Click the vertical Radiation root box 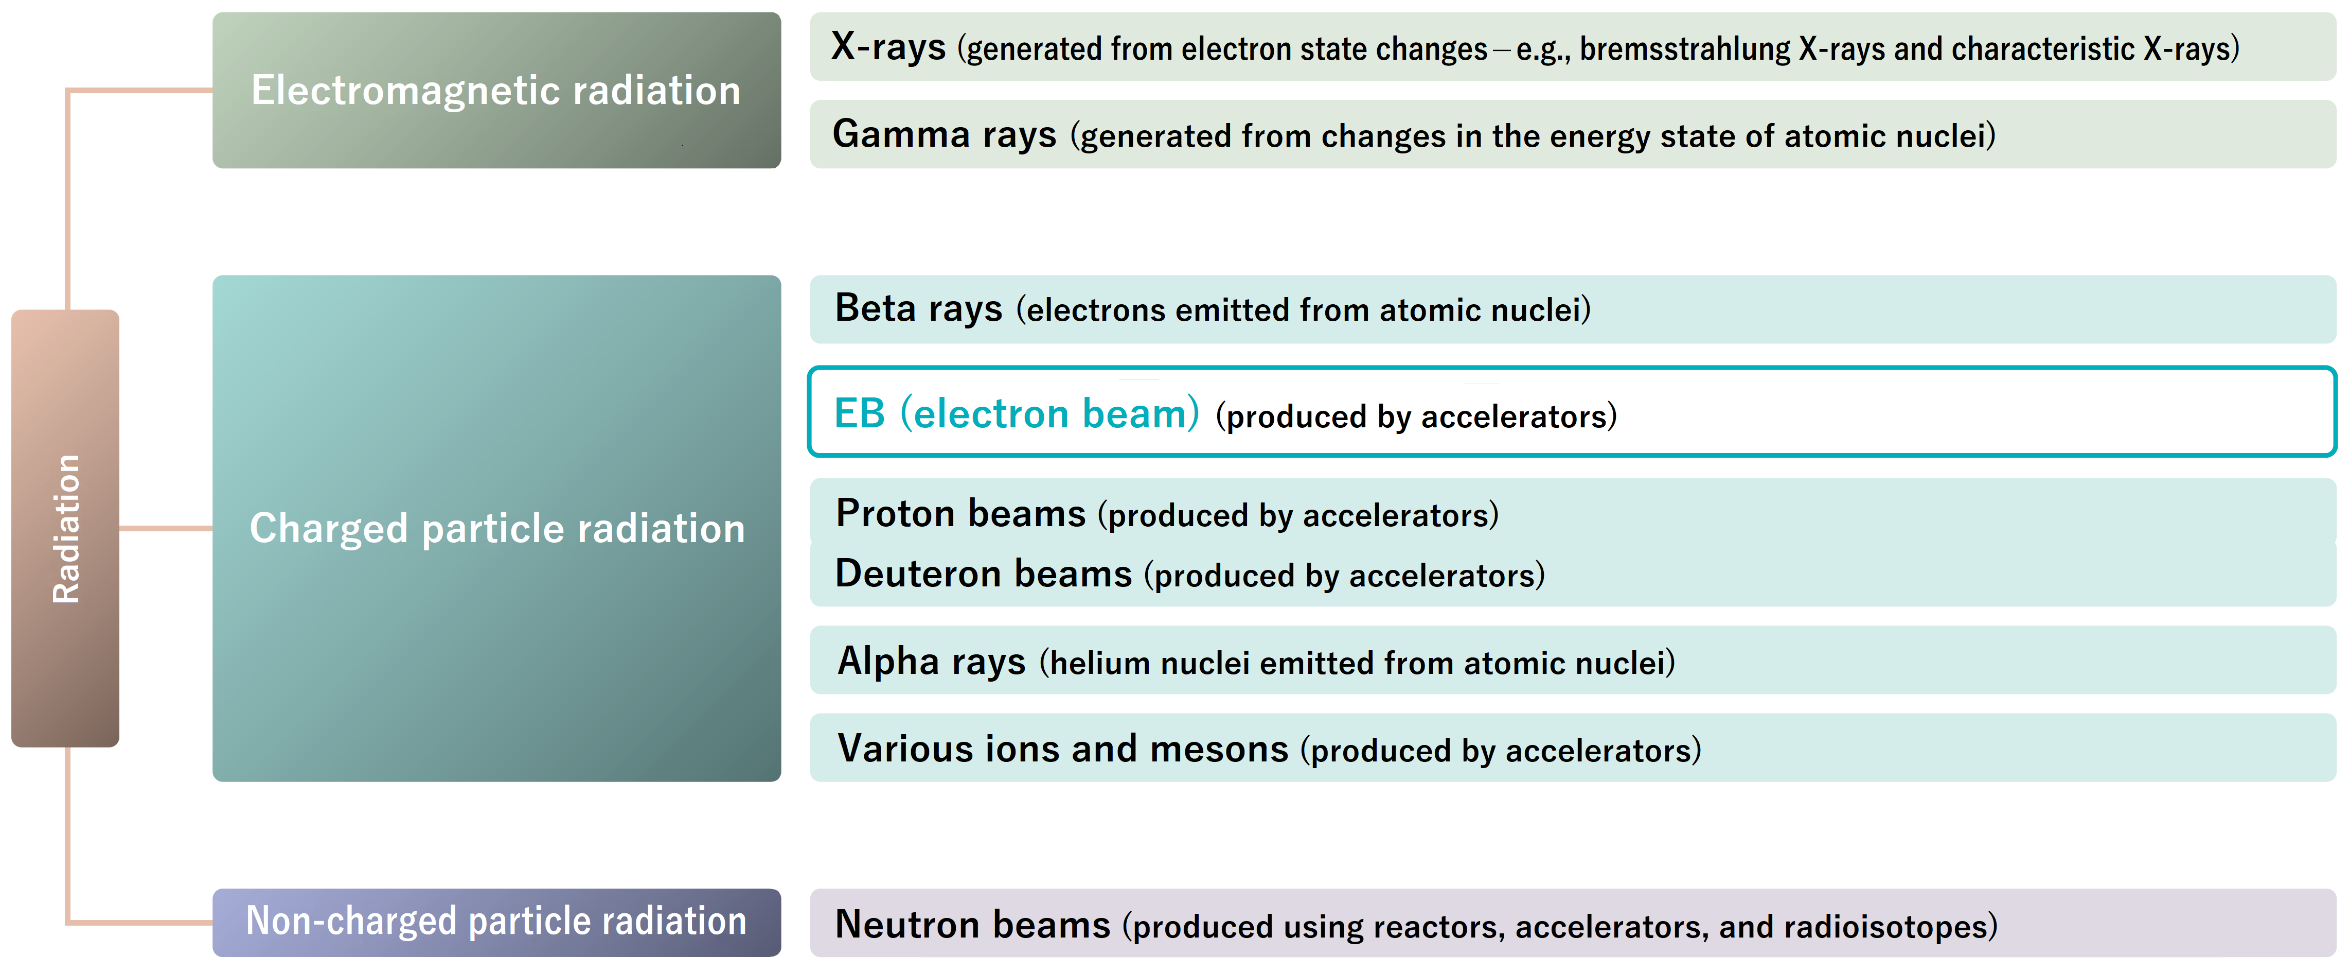point(65,528)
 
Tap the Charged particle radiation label point(497,528)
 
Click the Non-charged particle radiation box point(496,922)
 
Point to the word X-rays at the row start point(887,46)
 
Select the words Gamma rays point(944,134)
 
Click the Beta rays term point(919,308)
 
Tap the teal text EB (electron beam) point(1016,413)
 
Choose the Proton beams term point(960,514)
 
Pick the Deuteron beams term point(984,574)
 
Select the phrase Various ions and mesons point(1063,749)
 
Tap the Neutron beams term point(972,925)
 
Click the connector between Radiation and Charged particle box point(166,528)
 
